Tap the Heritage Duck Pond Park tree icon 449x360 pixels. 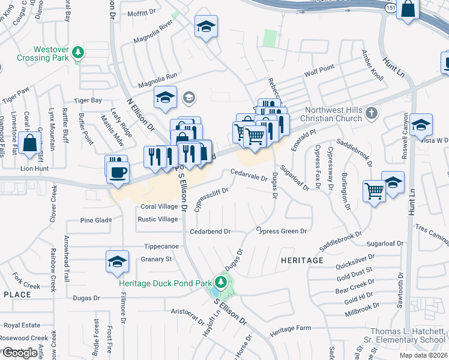click(x=221, y=281)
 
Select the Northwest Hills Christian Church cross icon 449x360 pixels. click(x=372, y=112)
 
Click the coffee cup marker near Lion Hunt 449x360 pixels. click(x=116, y=171)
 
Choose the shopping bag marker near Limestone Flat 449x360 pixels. click(x=29, y=143)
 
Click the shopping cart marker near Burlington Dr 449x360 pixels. click(x=375, y=191)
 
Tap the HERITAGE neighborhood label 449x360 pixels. click(x=301, y=260)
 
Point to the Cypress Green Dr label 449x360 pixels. click(x=282, y=231)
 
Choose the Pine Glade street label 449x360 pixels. click(x=96, y=220)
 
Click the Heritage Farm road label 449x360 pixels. click(x=291, y=329)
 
